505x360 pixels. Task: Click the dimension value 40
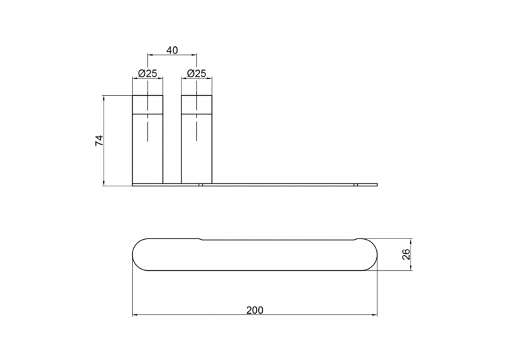[172, 50]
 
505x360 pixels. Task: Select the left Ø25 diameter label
[147, 73]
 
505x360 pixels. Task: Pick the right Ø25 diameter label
[197, 73]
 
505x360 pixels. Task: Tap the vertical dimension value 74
[99, 141]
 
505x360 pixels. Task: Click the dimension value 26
[407, 254]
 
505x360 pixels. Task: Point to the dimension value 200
[255, 310]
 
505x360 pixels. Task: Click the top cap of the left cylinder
[148, 104]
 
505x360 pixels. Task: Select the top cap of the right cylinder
[197, 104]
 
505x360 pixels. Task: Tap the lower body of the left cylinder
[148, 149]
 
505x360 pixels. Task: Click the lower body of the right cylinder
[197, 149]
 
